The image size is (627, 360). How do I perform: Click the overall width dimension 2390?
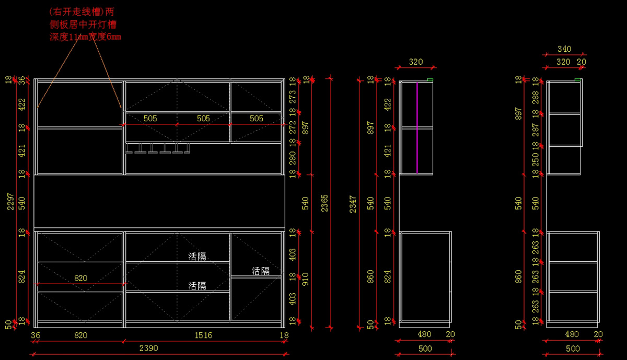(149, 348)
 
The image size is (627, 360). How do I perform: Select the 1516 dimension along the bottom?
(204, 335)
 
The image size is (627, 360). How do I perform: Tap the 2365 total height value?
(324, 203)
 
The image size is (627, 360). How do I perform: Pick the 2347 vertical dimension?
(353, 204)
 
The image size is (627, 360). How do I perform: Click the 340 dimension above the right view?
(564, 49)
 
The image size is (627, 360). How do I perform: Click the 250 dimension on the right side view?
(535, 159)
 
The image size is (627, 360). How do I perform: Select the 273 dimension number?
(293, 96)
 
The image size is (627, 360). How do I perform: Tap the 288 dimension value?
(535, 97)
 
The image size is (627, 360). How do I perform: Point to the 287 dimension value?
(535, 130)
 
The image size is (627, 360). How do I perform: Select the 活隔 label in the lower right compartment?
(261, 271)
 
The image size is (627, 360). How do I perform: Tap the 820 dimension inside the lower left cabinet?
(80, 278)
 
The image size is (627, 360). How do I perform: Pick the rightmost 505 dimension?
(257, 119)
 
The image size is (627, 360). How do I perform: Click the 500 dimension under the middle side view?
(425, 348)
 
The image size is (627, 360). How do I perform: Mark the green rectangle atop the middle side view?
(430, 79)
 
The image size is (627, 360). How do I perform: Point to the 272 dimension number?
(293, 127)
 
